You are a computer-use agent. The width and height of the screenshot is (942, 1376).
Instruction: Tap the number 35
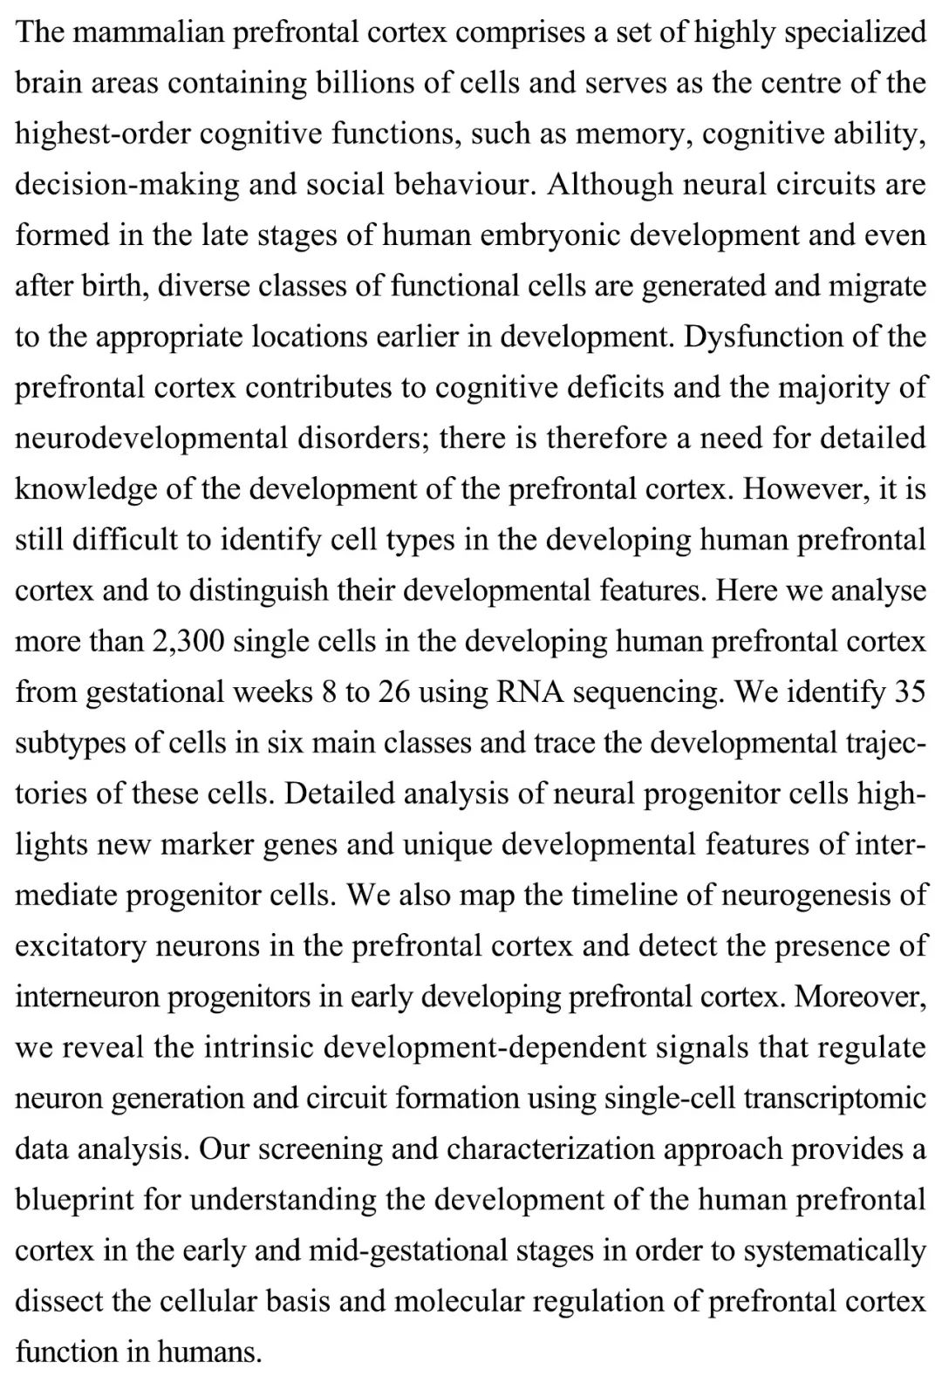click(x=910, y=691)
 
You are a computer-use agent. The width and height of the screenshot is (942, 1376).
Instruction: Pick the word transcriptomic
click(x=835, y=1098)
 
